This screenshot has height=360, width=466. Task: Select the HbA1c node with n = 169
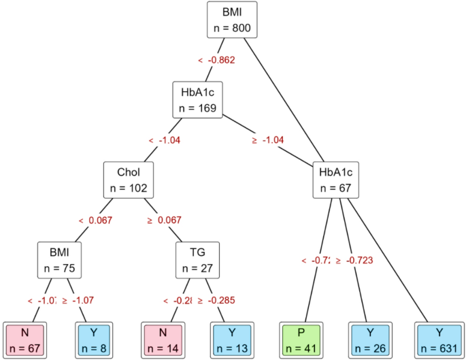197,99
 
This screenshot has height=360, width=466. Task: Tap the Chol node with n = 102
128,179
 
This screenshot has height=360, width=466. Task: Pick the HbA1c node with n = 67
336,179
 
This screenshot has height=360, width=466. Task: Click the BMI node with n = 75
59,259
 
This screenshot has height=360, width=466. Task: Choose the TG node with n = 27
198,259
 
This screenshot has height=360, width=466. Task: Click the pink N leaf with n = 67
24,339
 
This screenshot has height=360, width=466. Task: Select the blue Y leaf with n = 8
94,339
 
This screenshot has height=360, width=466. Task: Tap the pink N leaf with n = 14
163,339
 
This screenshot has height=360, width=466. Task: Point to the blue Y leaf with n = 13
233,339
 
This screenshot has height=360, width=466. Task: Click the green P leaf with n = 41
301,339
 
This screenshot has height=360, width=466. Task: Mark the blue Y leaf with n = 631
439,339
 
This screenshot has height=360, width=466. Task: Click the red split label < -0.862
216,61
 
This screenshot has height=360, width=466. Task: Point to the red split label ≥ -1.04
268,140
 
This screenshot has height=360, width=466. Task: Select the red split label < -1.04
164,140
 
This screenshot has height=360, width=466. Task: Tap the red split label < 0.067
95,220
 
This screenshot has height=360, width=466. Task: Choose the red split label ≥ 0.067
164,220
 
